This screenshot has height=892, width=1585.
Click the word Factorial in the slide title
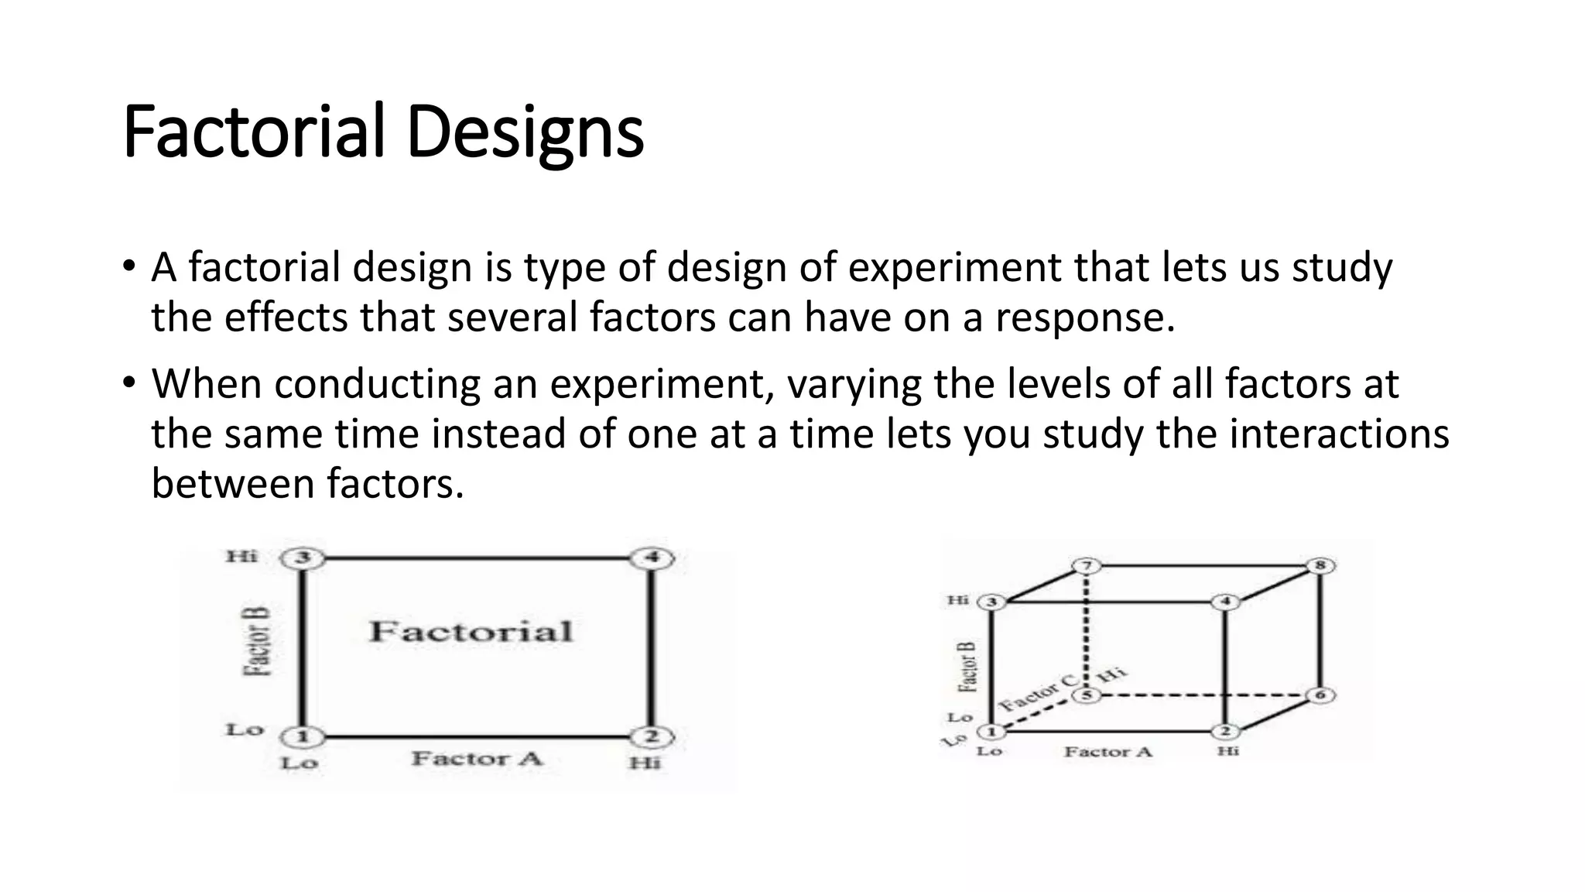254,132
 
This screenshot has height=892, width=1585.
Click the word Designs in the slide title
525,133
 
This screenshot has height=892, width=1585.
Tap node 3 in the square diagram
303,557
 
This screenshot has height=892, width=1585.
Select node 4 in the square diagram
652,557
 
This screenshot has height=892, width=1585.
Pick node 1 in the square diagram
303,736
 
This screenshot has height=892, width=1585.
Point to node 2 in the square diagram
652,736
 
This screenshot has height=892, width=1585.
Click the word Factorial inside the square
471,631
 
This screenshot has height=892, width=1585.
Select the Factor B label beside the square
258,642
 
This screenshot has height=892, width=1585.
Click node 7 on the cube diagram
1087,566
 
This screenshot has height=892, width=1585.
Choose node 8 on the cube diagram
1321,565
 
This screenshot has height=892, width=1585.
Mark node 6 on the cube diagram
1321,695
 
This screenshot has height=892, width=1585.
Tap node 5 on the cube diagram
1087,695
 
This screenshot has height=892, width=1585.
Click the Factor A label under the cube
1108,751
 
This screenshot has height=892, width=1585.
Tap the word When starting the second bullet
207,384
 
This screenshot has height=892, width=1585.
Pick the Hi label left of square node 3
241,556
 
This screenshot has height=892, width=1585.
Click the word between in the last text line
232,484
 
